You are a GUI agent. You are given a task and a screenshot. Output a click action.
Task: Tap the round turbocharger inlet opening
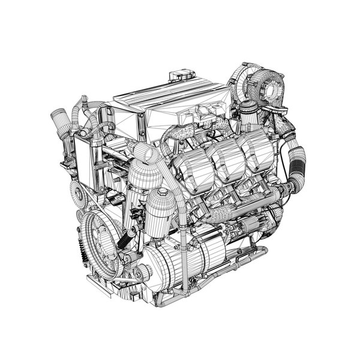tap(274, 88)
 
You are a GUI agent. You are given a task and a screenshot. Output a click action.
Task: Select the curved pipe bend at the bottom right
tap(261, 251)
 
